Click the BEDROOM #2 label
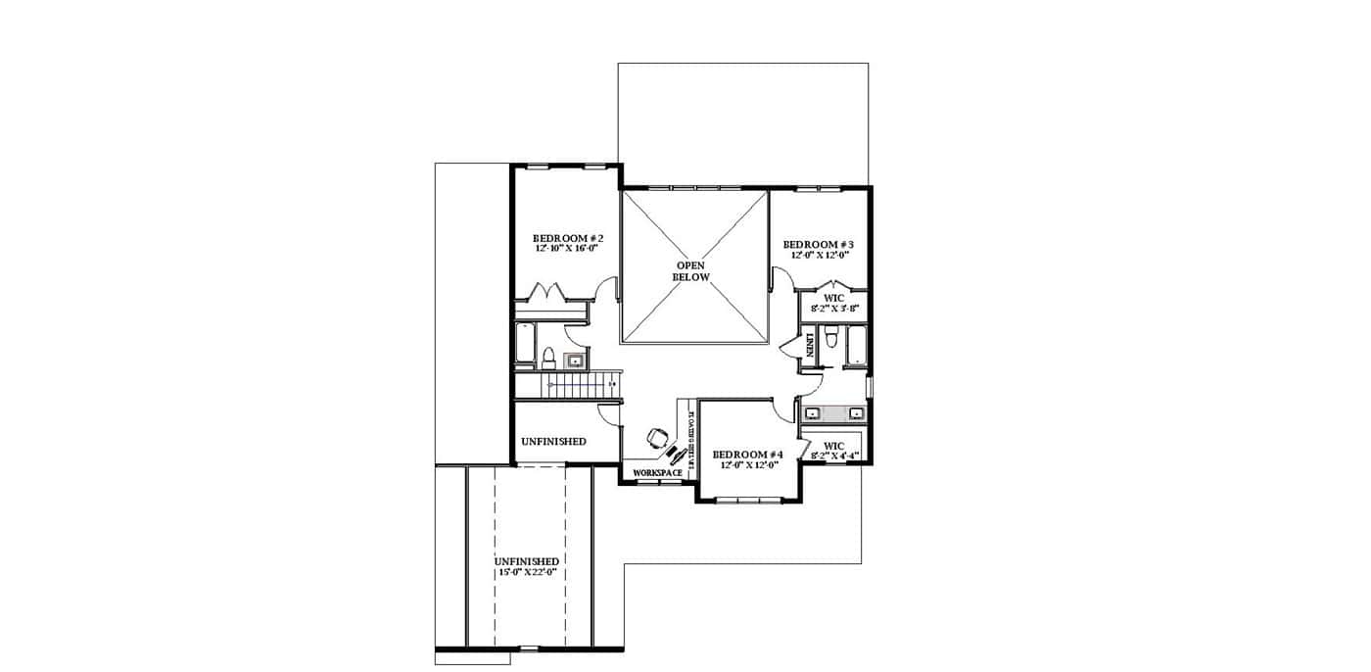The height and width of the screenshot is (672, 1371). (567, 238)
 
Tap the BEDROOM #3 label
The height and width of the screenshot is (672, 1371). (819, 244)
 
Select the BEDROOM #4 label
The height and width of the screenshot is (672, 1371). (748, 455)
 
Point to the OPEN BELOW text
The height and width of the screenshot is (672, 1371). (690, 271)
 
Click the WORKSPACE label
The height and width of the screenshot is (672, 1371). (657, 473)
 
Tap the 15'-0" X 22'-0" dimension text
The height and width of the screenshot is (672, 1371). (527, 572)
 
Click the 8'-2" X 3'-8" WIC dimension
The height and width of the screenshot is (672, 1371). (833, 308)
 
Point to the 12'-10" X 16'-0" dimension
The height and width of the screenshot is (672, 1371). (566, 249)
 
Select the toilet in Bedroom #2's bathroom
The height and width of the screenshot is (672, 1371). (549, 355)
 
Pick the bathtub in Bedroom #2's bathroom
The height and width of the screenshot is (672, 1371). (525, 345)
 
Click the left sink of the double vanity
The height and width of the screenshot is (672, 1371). (813, 411)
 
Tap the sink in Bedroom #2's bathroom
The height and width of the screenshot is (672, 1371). (575, 360)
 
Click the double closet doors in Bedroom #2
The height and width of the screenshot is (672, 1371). (543, 293)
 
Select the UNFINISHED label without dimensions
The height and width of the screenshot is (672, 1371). (553, 442)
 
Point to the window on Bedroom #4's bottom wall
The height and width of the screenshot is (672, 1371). (749, 501)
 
